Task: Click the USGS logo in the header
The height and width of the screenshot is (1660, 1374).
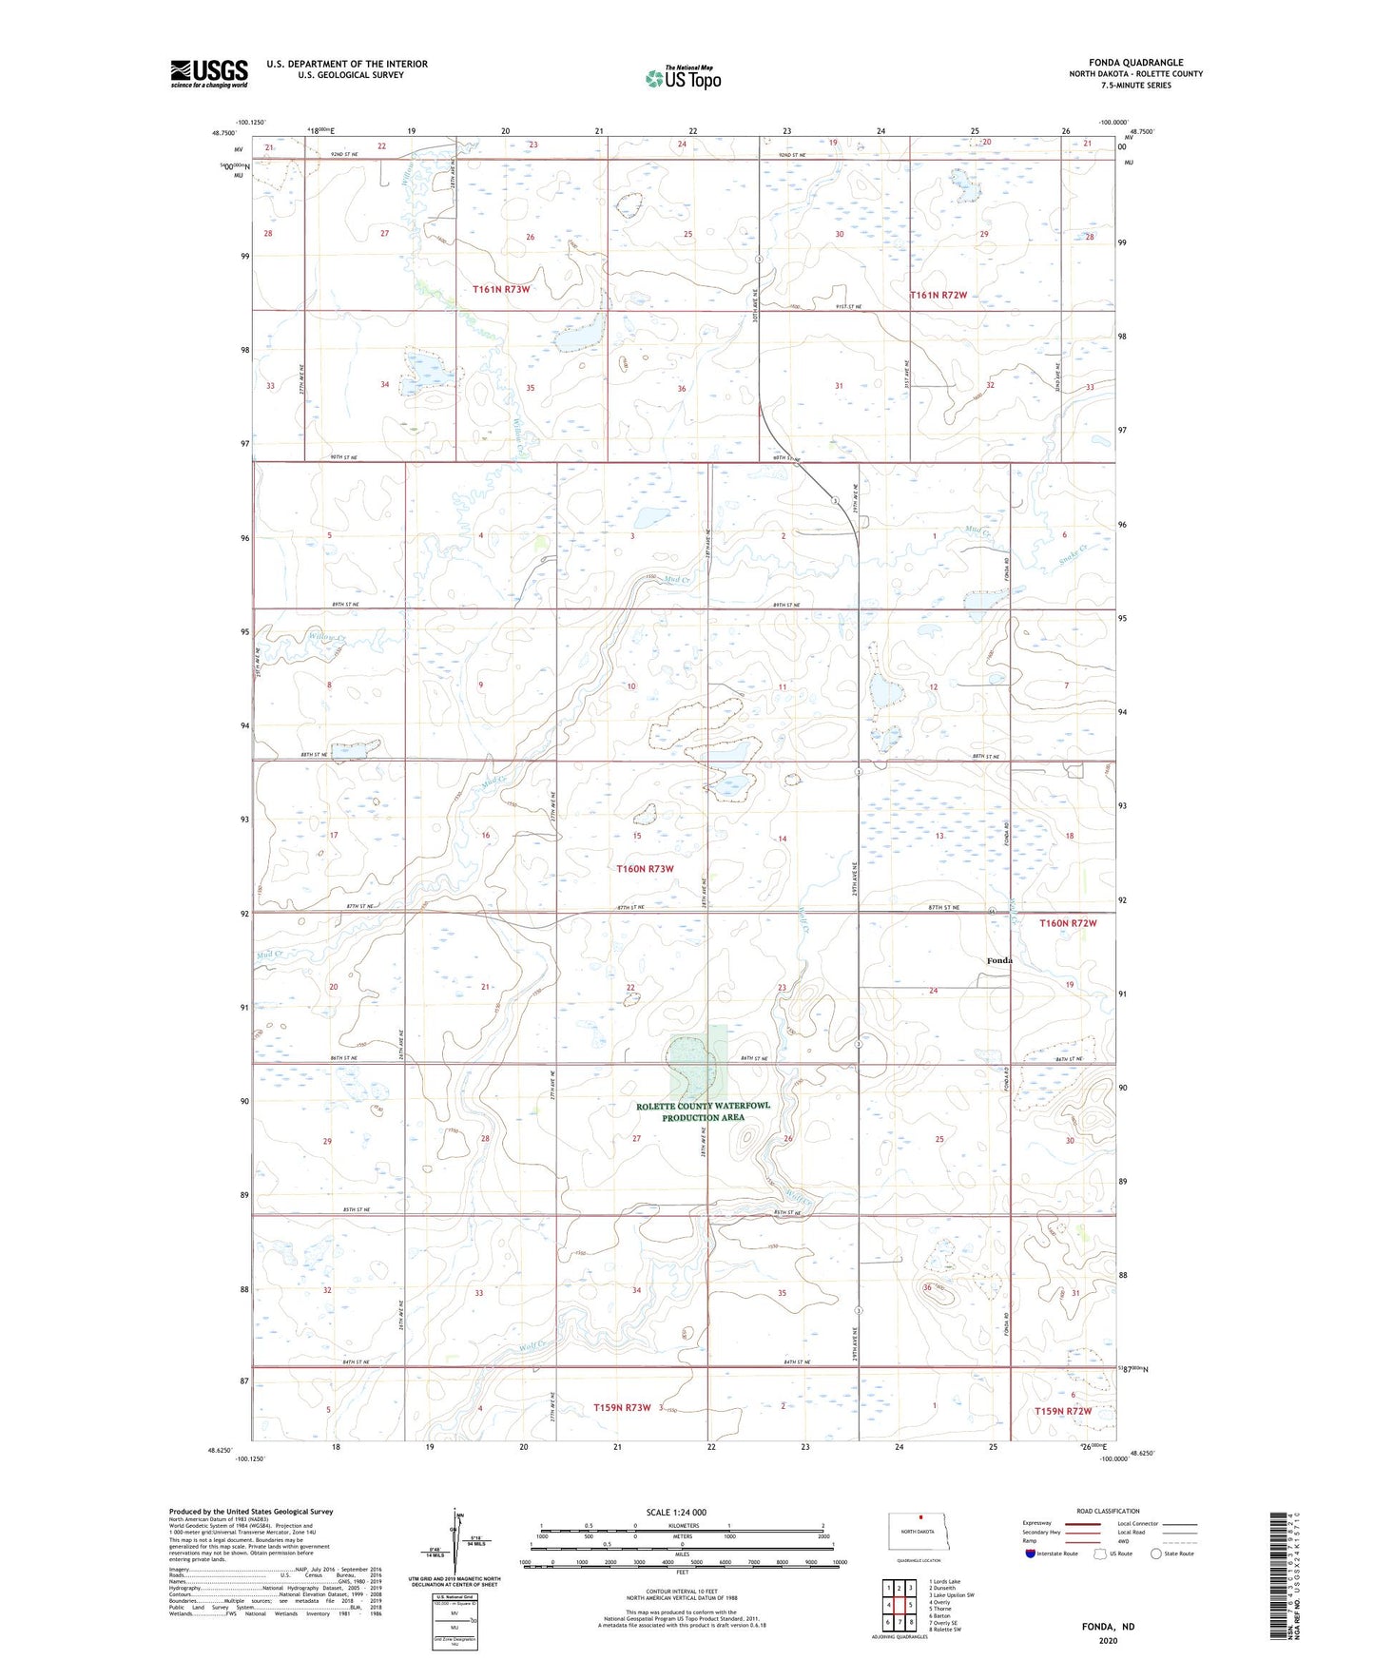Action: pos(208,73)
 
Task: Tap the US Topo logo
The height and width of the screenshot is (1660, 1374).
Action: pos(683,78)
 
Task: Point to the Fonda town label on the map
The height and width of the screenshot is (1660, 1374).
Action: pos(998,960)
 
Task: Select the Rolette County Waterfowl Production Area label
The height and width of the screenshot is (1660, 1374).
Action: pos(703,1111)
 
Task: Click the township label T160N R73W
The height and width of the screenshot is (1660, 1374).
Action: pos(645,869)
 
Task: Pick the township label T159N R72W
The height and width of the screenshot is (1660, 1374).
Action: pos(1063,1411)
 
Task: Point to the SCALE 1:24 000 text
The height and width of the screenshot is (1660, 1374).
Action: pos(676,1512)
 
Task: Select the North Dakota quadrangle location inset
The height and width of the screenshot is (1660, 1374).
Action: pos(919,1534)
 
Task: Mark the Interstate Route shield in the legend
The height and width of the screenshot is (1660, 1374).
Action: pos(1032,1554)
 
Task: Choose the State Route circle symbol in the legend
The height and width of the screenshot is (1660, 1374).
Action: pos(1155,1554)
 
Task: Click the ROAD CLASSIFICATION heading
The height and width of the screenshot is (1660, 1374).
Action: pos(1108,1511)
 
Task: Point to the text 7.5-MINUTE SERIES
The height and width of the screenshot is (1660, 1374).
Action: pos(1135,86)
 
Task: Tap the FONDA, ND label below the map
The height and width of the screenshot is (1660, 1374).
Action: pos(1108,1627)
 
